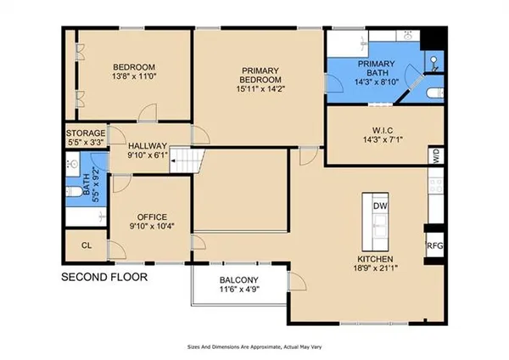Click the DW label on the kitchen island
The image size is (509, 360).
click(380, 206)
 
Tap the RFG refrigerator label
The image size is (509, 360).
click(434, 245)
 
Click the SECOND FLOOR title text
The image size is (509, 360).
click(104, 277)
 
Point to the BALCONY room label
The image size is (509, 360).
click(239, 279)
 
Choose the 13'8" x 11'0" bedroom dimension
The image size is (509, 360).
click(134, 76)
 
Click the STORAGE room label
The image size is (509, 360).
click(86, 133)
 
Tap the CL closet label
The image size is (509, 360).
click(87, 245)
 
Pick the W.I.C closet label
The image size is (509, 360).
click(383, 131)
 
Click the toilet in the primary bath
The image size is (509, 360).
click(435, 93)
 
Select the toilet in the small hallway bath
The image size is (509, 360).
click(74, 191)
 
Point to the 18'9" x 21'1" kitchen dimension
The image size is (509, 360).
click(376, 268)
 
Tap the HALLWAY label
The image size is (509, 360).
click(148, 146)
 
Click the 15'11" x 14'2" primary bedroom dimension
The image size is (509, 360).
click(260, 88)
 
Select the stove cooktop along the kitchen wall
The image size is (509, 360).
click(436, 185)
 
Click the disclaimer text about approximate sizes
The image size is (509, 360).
click(255, 347)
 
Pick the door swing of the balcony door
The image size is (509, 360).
click(298, 281)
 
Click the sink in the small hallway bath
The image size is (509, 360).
click(73, 164)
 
